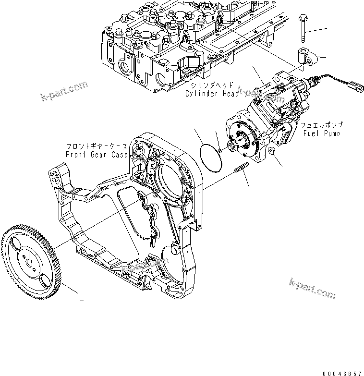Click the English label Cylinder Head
212,94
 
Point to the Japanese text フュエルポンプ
321,125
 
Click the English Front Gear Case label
97,154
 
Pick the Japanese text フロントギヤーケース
97,146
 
